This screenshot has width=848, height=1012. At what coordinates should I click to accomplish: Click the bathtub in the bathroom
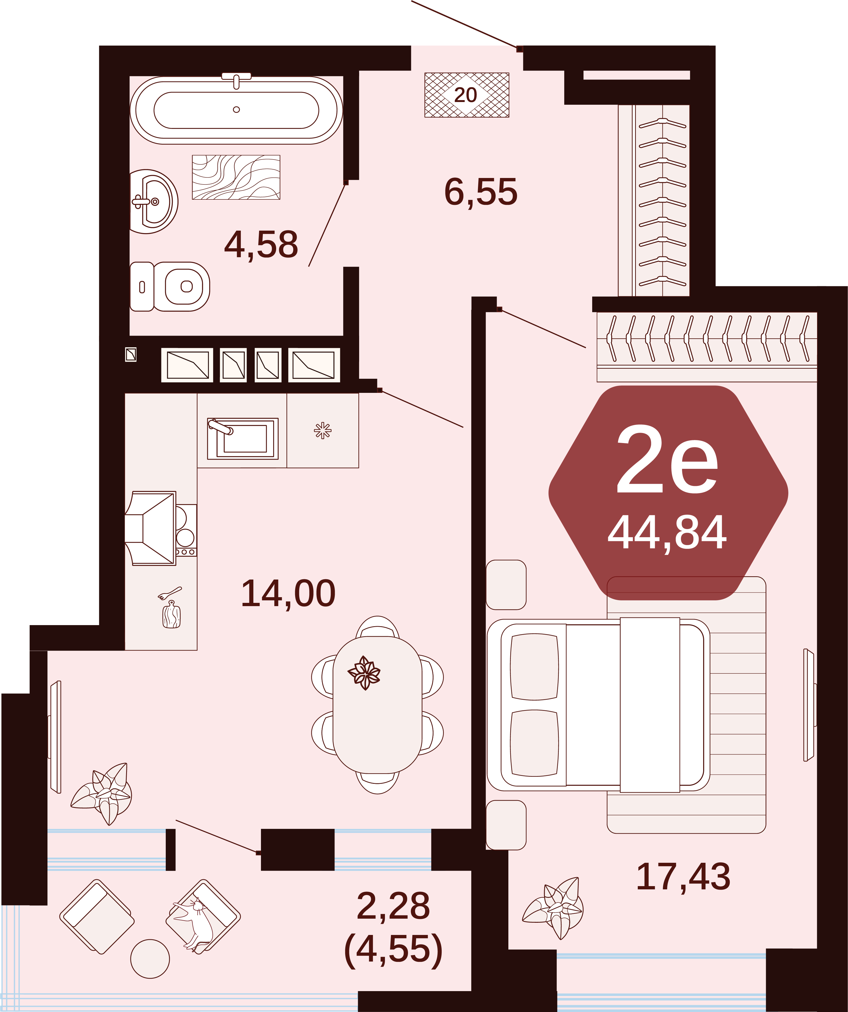click(236, 110)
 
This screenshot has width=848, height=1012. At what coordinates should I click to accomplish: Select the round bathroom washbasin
click(154, 201)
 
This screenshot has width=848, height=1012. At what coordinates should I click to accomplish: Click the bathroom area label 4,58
click(261, 244)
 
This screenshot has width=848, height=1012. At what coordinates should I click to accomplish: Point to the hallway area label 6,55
click(481, 192)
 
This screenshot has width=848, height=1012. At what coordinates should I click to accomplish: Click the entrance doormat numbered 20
click(466, 95)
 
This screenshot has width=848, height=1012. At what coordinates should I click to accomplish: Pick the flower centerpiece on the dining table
click(364, 673)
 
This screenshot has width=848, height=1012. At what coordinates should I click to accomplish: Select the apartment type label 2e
click(667, 460)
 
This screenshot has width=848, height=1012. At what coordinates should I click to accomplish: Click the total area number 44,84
click(667, 533)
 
